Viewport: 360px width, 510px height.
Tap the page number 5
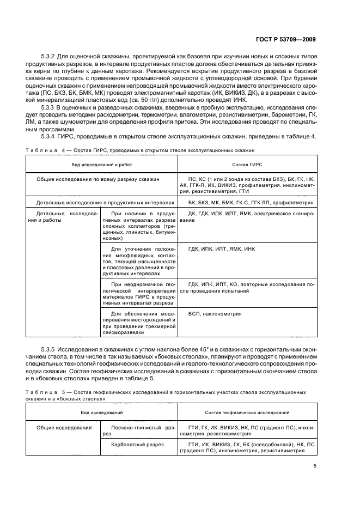point(315,466)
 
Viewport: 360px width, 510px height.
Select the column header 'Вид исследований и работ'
point(102,163)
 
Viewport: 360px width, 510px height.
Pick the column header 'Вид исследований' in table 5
point(102,412)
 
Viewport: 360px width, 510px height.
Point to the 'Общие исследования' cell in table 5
point(64,428)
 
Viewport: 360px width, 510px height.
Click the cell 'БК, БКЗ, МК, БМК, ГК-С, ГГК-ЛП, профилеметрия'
point(250,202)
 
